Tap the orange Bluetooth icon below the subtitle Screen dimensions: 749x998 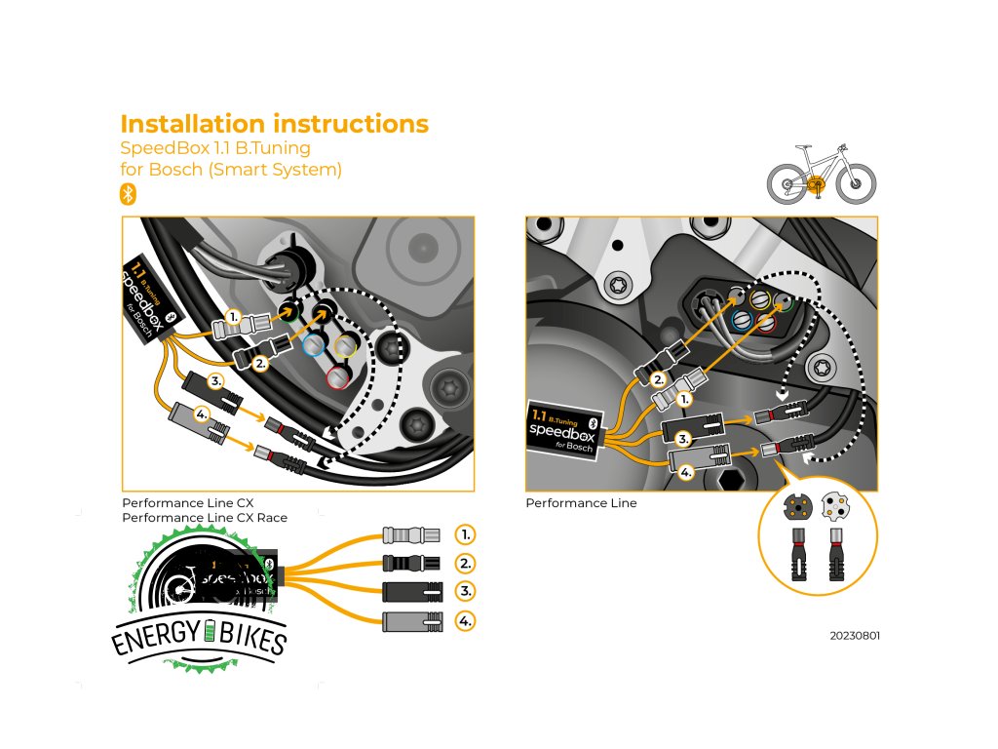click(x=127, y=193)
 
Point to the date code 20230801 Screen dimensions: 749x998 click(x=854, y=636)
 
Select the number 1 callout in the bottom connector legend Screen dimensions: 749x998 click(x=466, y=534)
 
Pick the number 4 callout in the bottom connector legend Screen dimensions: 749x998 click(x=466, y=620)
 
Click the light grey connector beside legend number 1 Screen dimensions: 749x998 click(x=403, y=534)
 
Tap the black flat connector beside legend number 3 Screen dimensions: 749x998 click(x=403, y=592)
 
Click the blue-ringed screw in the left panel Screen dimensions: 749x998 click(x=313, y=345)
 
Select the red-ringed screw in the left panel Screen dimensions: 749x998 click(x=338, y=375)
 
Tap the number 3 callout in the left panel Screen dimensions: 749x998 click(x=216, y=380)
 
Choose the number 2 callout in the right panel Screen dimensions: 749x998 click(x=658, y=379)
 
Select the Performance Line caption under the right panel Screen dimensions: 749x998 click(x=581, y=503)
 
